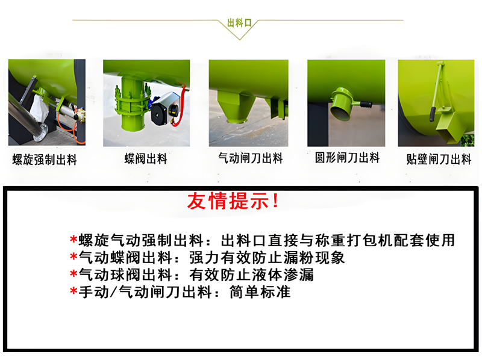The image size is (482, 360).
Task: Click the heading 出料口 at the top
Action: (242, 23)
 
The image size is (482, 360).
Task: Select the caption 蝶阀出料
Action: (146, 160)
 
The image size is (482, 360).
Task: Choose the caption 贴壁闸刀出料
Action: (439, 160)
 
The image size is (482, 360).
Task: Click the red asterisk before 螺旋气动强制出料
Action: (74, 240)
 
